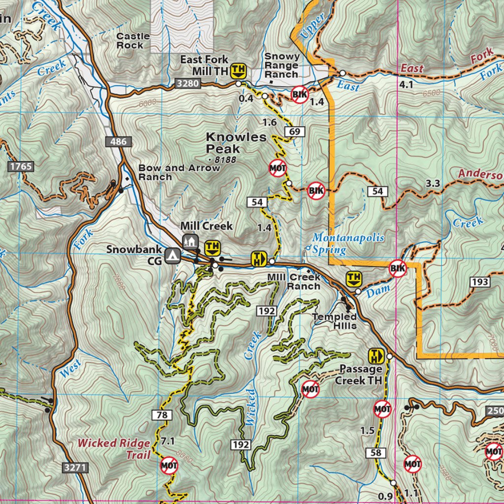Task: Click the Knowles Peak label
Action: pos(223,143)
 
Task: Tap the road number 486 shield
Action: pos(118,142)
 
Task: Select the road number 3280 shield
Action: pos(187,84)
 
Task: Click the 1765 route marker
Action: pos(21,166)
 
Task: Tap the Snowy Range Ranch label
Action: pos(282,65)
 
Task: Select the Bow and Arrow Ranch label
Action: pos(179,172)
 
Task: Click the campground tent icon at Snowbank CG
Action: pos(171,255)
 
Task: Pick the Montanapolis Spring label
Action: pos(348,243)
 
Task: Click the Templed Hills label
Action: pos(334,321)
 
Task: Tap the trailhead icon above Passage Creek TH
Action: pos(377,355)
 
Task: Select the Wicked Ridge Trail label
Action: pos(114,448)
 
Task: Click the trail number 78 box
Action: pos(161,415)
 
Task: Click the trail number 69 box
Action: pos(295,131)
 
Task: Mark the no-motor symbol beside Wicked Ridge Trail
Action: pos(169,465)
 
